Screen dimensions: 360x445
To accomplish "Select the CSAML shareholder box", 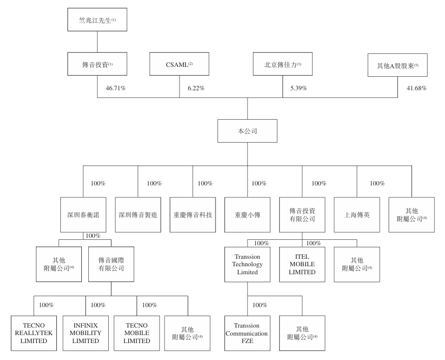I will pos(180,65).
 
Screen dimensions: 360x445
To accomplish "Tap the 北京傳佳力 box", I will pos(282,65).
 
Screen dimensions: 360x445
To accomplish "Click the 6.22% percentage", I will pos(196,88).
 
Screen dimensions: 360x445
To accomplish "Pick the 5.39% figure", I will pos(298,88).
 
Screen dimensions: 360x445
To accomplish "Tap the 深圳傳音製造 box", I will pos(138,215).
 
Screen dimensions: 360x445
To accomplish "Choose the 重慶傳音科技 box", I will pos(193,215).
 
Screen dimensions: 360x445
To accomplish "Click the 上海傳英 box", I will pos(356,215).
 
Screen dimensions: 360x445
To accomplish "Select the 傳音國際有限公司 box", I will pos(111,264).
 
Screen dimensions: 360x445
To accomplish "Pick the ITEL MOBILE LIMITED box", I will pos(302,264).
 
